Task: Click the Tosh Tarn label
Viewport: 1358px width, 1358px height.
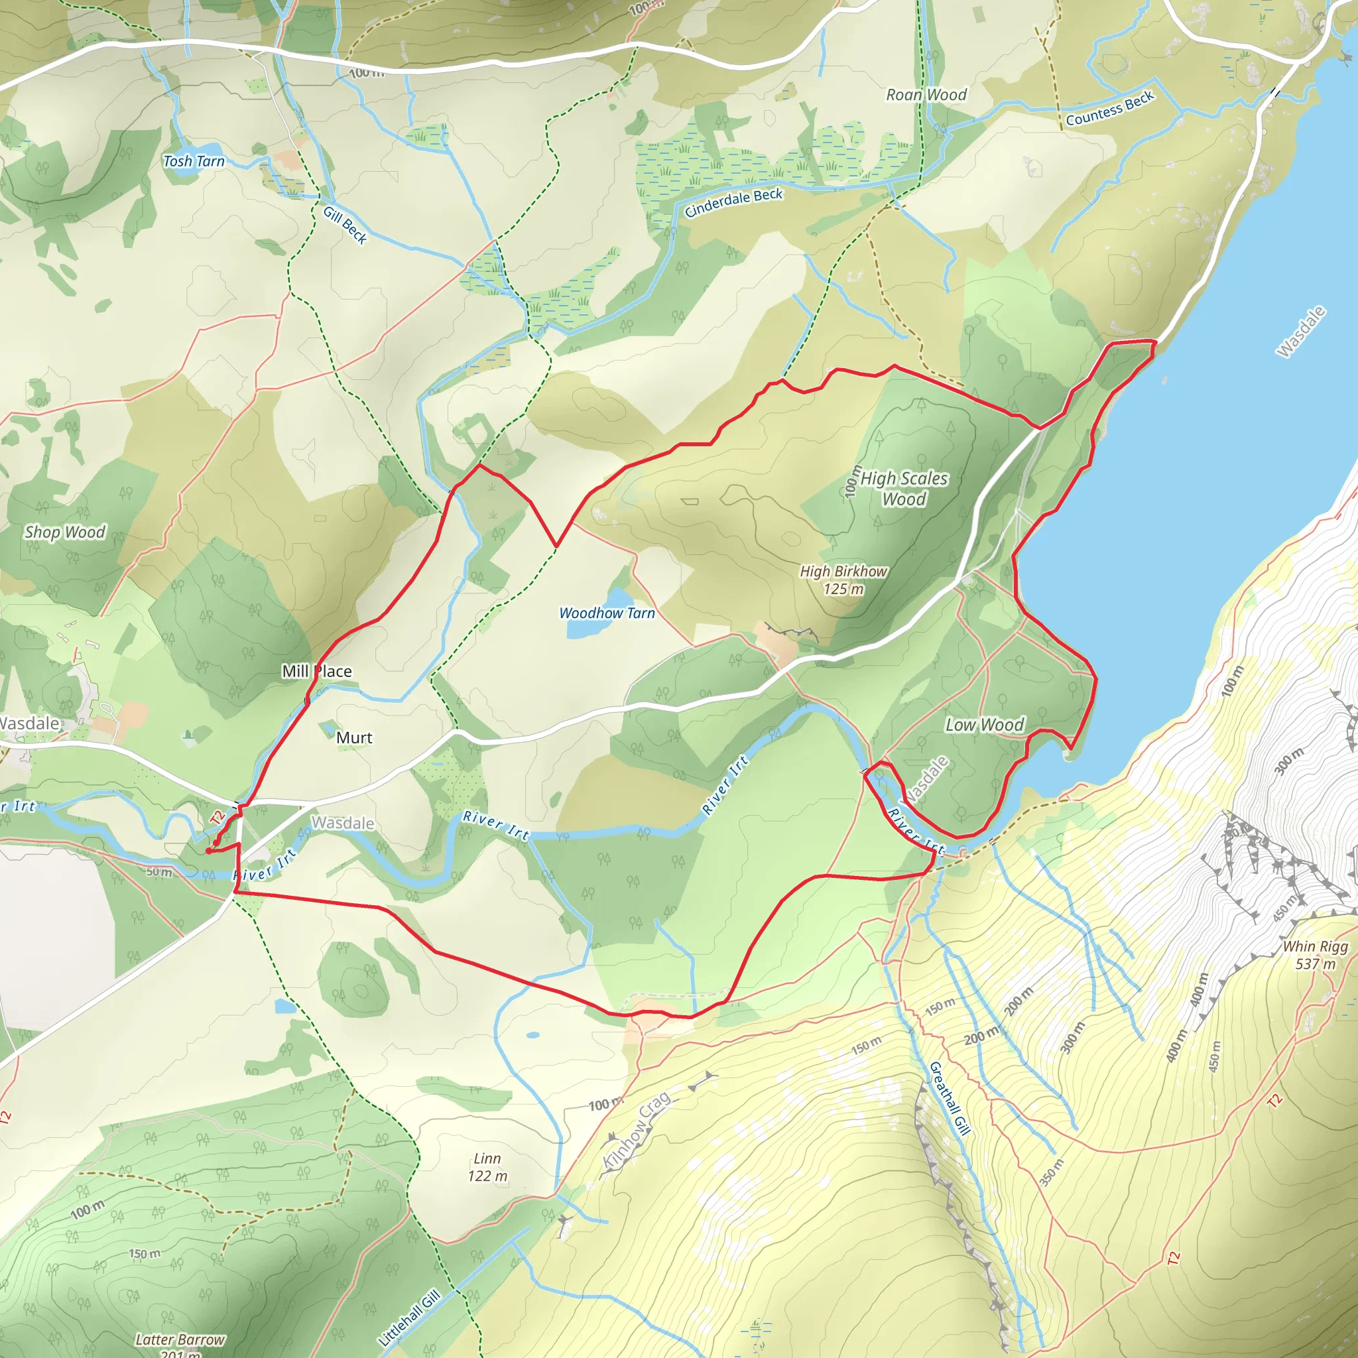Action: [x=194, y=161]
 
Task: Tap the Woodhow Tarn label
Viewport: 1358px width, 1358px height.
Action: [x=607, y=613]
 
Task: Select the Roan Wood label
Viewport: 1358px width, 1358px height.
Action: [x=926, y=95]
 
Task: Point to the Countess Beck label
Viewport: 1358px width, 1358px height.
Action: [x=1109, y=109]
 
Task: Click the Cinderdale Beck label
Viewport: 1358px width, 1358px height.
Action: [x=733, y=202]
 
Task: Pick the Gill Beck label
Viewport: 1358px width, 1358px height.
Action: [x=345, y=224]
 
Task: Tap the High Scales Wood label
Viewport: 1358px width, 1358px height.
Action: [x=904, y=489]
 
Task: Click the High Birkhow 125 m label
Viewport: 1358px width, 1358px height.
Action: [x=843, y=580]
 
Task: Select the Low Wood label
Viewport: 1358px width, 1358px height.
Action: [x=984, y=725]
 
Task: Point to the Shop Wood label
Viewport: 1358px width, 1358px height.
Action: [x=65, y=532]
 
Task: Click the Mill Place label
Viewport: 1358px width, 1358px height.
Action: [x=316, y=671]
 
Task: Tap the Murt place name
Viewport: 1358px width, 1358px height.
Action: [x=354, y=737]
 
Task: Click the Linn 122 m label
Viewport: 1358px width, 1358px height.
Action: [x=487, y=1167]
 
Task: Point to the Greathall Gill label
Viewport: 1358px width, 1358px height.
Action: [x=950, y=1098]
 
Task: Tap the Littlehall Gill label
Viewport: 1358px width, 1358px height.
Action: [x=409, y=1316]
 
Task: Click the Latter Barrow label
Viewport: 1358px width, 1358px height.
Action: [x=180, y=1339]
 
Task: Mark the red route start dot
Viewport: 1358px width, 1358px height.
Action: [x=209, y=851]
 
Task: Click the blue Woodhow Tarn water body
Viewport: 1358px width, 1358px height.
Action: [x=582, y=629]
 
